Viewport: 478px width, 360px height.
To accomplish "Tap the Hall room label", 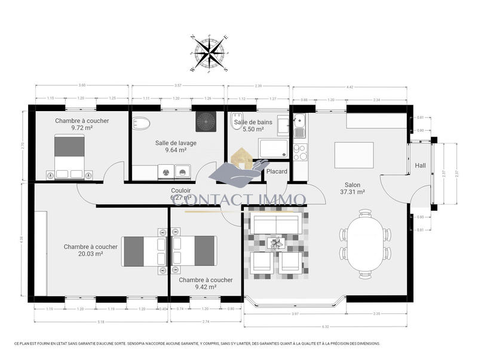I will (x=421, y=166).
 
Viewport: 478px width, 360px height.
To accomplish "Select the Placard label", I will (x=277, y=172).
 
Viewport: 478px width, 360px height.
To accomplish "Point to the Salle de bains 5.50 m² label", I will (x=253, y=125).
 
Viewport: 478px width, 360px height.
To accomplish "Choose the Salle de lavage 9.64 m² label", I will (x=176, y=146).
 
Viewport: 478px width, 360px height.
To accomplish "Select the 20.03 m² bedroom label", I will (x=91, y=250).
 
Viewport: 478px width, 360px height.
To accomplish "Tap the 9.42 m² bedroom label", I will (x=206, y=283).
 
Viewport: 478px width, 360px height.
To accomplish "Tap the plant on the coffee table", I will (x=276, y=243).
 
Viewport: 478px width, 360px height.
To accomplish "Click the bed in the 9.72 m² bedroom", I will (x=71, y=153).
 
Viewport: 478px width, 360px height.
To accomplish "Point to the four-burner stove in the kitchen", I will (x=299, y=152).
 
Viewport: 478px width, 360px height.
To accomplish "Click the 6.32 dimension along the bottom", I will (x=325, y=326).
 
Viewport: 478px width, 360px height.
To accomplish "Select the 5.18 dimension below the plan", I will (x=100, y=322).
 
